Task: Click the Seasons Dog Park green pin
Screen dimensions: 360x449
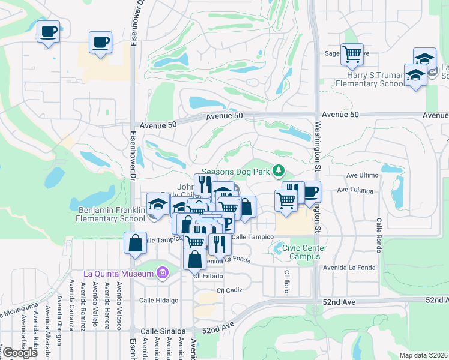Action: [x=278, y=172]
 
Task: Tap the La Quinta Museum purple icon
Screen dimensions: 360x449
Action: [x=161, y=274]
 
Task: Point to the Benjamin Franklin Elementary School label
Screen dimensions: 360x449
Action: [x=110, y=214]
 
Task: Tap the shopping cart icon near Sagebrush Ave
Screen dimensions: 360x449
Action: [x=352, y=55]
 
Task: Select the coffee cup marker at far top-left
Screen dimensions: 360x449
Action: [x=48, y=32]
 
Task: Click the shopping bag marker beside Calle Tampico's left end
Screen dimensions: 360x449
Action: [x=136, y=244]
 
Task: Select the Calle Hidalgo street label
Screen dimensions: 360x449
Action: [x=159, y=300]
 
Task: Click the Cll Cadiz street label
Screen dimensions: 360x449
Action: [x=229, y=290]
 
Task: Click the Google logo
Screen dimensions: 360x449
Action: [x=20, y=353]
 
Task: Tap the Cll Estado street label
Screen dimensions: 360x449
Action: [x=208, y=276]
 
